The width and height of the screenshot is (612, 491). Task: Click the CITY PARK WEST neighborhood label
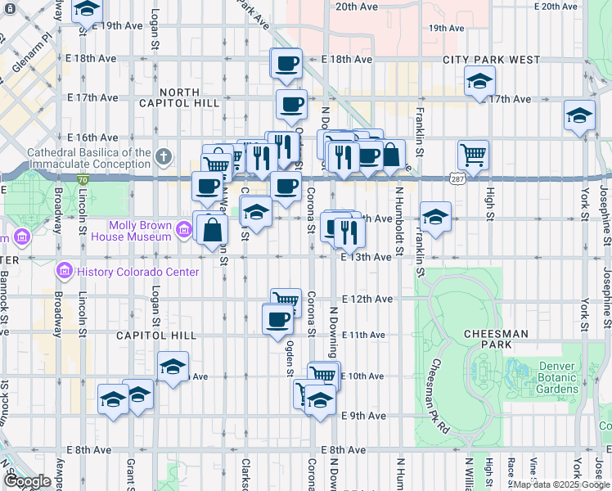point(492,60)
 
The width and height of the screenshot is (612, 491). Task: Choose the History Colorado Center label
point(136,272)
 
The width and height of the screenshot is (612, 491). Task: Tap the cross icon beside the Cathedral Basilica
point(164,155)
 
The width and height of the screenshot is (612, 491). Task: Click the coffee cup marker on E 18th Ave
point(286,64)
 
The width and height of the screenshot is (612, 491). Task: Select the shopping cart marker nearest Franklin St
point(473,153)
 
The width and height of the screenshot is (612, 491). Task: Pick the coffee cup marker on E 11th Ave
point(277,318)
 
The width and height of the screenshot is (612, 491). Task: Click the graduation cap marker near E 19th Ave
point(86,11)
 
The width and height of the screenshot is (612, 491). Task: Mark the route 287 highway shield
point(457,178)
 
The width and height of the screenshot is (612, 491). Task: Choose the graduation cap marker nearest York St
point(579,115)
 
